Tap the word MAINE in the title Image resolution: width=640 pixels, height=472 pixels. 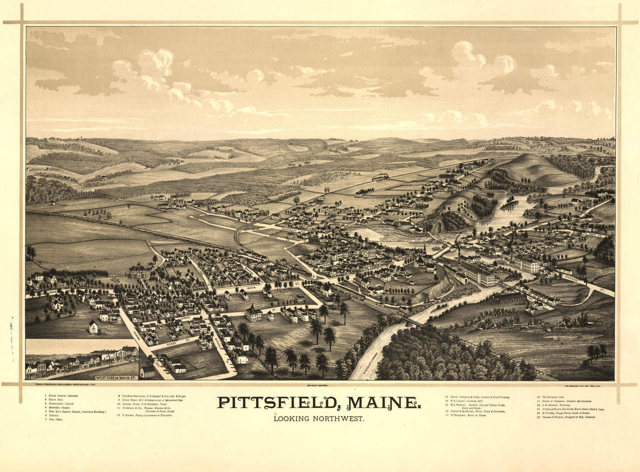click(x=382, y=402)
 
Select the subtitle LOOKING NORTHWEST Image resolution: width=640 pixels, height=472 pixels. click(x=318, y=418)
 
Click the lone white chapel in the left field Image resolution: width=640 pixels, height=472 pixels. click(x=93, y=326)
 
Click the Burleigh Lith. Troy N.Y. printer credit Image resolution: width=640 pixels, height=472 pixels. click(x=587, y=385)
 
